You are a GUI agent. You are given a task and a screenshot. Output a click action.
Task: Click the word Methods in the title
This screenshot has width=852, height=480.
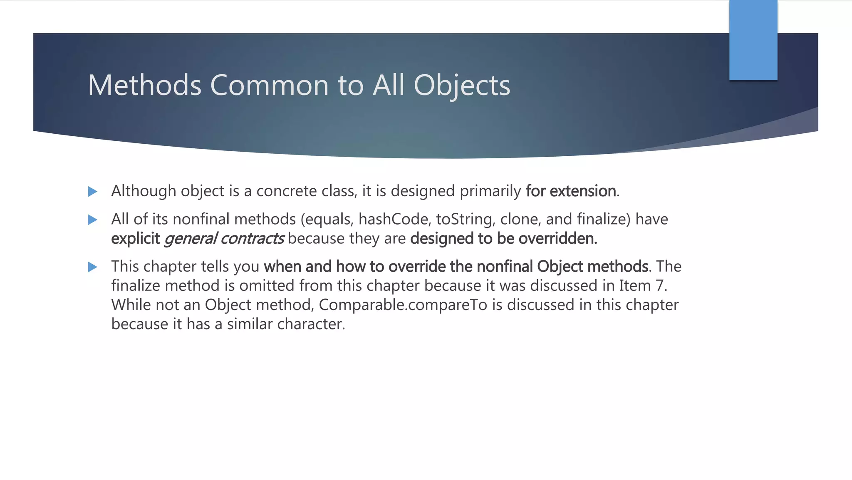tap(144, 85)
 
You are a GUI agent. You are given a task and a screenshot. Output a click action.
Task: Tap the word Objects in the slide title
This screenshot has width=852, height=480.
tap(462, 86)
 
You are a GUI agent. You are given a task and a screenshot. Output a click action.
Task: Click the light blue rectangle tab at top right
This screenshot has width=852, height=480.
tap(753, 40)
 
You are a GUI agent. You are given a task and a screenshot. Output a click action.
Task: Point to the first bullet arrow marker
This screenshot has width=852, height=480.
tap(93, 192)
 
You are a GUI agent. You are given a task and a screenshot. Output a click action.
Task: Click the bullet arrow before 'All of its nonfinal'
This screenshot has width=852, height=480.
tap(93, 220)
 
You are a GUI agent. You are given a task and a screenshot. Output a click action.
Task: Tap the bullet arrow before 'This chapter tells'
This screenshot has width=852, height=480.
tap(93, 267)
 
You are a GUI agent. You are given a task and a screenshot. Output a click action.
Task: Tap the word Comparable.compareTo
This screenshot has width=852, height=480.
tap(403, 305)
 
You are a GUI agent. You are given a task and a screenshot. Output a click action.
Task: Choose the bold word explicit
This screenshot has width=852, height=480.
tap(135, 238)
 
